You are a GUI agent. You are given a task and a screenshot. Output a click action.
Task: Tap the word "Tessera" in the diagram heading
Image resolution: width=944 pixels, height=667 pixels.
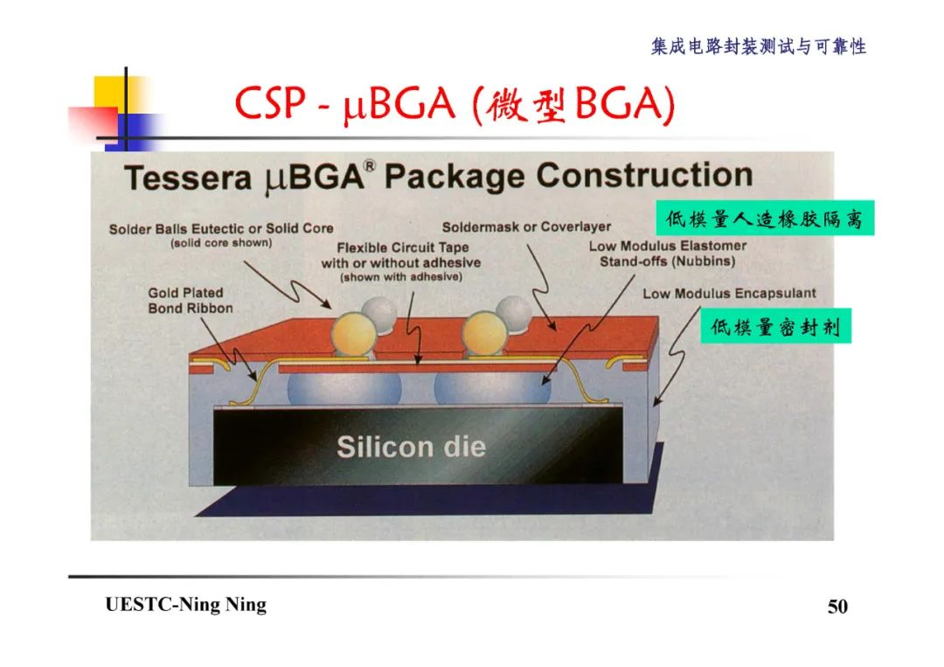[188, 178]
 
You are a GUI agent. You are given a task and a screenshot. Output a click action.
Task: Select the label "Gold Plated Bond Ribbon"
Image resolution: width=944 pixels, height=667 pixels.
[191, 301]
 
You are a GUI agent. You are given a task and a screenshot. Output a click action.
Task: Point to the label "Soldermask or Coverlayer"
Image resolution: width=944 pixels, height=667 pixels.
[526, 227]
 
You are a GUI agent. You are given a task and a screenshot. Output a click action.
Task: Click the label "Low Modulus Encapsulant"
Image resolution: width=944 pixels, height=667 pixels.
[729, 294]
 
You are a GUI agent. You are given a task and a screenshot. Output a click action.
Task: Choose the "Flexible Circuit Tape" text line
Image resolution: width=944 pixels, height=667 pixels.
[403, 248]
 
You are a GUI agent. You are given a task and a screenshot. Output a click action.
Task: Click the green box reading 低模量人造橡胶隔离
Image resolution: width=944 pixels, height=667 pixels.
[764, 219]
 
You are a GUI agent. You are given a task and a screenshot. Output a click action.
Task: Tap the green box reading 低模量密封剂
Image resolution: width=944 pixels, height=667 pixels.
[775, 328]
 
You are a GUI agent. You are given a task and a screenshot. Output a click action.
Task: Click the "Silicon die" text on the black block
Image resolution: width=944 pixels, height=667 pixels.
[411, 448]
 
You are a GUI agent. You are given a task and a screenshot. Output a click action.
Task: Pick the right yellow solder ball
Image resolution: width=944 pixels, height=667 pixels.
[485, 333]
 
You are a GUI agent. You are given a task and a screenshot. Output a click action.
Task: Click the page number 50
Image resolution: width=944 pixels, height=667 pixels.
[837, 607]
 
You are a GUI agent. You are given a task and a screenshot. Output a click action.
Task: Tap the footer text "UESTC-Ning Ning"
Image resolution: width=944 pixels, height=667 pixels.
[185, 605]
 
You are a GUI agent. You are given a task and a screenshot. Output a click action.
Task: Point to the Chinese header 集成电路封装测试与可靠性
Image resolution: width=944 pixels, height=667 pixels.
[758, 47]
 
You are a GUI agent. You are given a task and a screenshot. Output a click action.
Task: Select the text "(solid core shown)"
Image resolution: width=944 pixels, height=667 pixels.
[221, 243]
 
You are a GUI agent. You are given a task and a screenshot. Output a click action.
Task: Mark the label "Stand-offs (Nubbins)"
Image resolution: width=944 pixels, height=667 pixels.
[667, 261]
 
